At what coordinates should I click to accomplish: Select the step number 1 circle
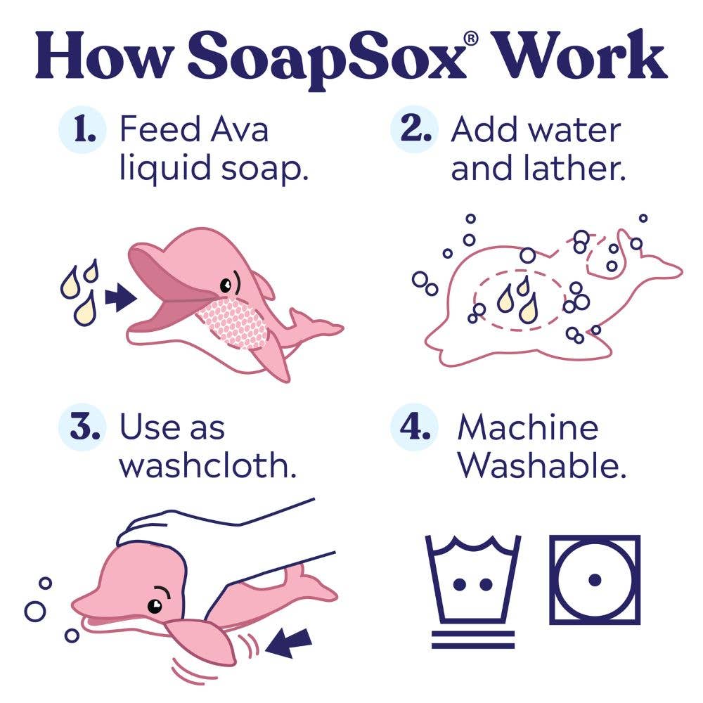(x=84, y=131)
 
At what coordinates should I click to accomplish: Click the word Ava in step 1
(x=238, y=130)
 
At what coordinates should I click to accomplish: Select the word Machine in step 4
(x=527, y=428)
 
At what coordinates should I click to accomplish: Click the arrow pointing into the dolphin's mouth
(x=120, y=298)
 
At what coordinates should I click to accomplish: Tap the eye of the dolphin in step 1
(x=226, y=285)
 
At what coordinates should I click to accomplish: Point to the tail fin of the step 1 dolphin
(x=320, y=328)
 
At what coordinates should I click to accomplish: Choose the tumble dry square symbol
(x=595, y=580)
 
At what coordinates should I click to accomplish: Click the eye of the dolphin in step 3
(x=155, y=605)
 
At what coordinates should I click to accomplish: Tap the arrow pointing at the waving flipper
(x=290, y=643)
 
